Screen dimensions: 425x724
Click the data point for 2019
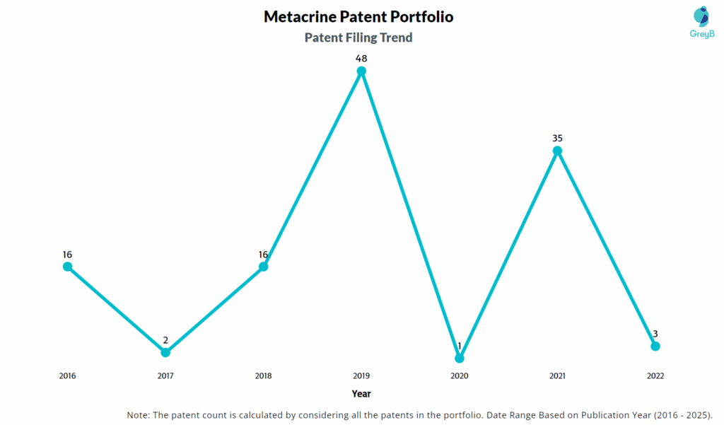point(361,71)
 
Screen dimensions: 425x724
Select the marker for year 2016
point(67,267)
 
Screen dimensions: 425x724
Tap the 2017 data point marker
point(165,352)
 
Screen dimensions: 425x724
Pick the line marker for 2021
point(557,151)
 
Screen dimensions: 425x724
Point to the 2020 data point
point(460,359)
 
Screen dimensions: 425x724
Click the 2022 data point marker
point(655,346)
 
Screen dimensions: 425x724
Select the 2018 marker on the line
point(263,267)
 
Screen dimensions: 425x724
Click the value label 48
point(361,58)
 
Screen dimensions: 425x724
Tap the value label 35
point(557,138)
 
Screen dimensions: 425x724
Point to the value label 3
point(655,334)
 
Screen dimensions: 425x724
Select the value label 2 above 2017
point(165,340)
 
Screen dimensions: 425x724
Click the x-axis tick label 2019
point(361,376)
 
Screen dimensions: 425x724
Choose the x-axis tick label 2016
point(67,376)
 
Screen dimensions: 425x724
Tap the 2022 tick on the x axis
point(655,376)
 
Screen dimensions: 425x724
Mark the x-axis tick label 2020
point(460,376)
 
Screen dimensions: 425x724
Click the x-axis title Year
point(361,394)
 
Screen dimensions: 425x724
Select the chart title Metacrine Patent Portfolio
point(358,16)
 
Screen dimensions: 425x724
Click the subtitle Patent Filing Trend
point(358,37)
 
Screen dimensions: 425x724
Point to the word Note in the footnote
point(139,414)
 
